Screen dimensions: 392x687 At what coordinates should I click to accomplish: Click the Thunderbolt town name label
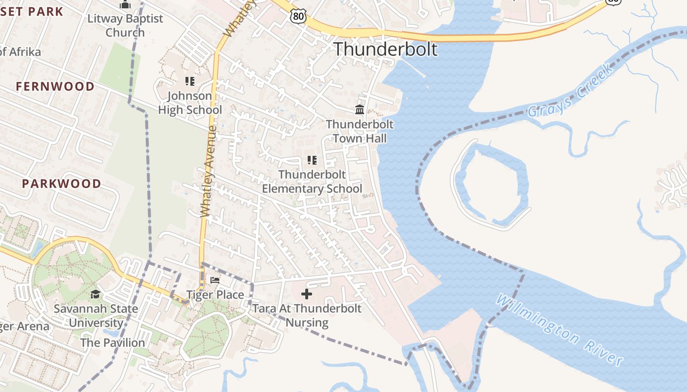(385, 49)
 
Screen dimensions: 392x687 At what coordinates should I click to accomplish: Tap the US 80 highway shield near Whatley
(298, 17)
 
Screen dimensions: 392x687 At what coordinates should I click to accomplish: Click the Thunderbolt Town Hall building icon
(360, 109)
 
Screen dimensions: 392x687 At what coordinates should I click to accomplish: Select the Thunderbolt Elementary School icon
(312, 160)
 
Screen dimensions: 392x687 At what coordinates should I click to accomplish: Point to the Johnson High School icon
(190, 81)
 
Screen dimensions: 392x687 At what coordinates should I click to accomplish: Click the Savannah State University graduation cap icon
(95, 294)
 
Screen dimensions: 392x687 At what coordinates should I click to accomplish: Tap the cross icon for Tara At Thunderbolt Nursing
(307, 294)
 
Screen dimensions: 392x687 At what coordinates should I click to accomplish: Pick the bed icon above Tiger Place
(215, 280)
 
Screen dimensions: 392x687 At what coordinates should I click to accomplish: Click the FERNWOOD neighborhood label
(55, 87)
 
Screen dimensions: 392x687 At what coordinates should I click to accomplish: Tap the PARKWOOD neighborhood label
(61, 184)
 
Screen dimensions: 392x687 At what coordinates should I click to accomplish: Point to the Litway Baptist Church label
(125, 25)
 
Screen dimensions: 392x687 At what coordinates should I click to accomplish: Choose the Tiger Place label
(215, 295)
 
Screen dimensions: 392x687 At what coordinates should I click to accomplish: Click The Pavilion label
(112, 343)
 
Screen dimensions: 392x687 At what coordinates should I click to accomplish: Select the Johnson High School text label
(190, 103)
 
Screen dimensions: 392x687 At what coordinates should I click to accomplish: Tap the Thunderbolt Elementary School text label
(312, 182)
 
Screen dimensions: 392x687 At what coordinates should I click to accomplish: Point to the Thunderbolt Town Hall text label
(360, 131)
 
